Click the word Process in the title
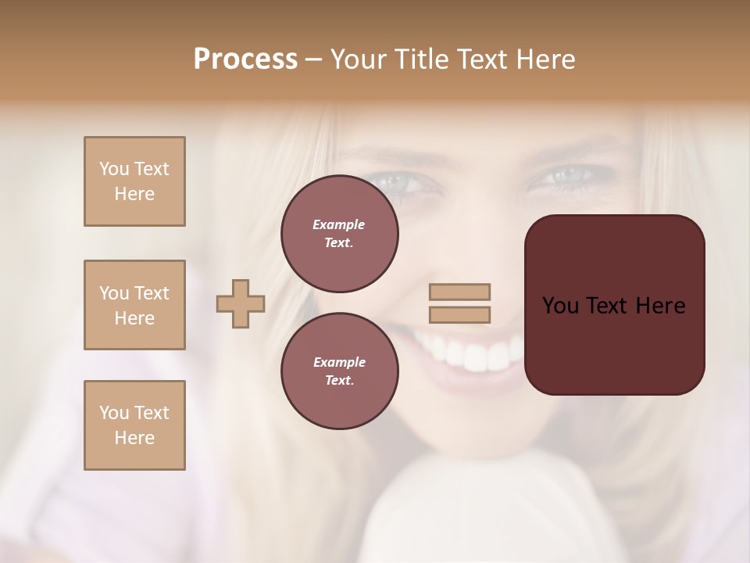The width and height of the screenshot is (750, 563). tap(245, 59)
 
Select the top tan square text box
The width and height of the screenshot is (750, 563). tap(134, 181)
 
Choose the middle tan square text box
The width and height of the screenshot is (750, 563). tap(134, 305)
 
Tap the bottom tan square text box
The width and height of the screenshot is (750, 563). tap(134, 425)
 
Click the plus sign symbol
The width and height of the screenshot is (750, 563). tap(241, 303)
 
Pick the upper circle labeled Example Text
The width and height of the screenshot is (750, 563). tap(339, 233)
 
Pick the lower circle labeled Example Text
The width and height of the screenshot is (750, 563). tap(339, 371)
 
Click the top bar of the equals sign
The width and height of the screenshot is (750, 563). tap(459, 292)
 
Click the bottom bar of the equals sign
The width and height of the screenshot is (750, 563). tap(459, 315)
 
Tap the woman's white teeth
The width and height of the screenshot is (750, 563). tap(477, 357)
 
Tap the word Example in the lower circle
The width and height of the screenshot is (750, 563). tap(339, 362)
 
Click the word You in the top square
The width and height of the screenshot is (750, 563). tap(113, 169)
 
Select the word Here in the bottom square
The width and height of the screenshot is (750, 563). tap(134, 438)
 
